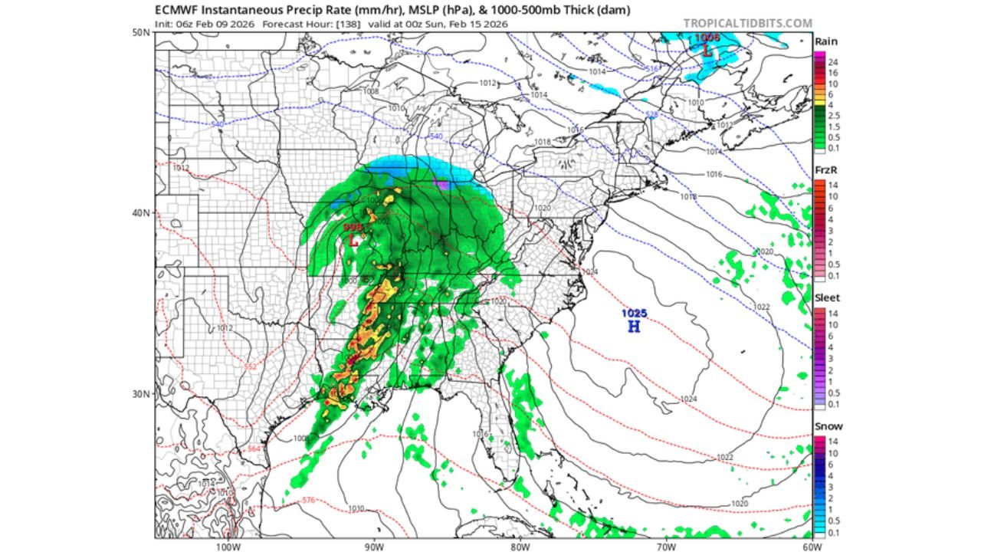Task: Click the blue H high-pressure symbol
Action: [634, 327]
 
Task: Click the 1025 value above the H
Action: [634, 313]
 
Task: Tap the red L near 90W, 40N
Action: [353, 239]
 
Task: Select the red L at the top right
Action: [707, 51]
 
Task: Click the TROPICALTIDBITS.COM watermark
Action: [747, 24]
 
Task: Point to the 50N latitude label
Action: [140, 33]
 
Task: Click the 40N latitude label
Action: [140, 213]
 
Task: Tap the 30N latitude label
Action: [140, 394]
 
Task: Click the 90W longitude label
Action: [373, 547]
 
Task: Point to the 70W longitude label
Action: [666, 547]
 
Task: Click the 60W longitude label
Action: [812, 547]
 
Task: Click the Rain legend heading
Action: [825, 41]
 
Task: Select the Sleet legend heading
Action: [827, 298]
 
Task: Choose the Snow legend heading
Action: [828, 426]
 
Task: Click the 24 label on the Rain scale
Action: [832, 61]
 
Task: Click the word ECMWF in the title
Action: [179, 11]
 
